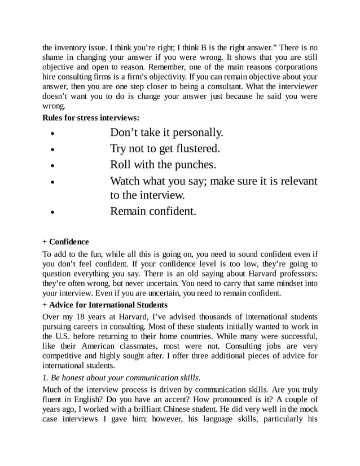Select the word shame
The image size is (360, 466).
55,58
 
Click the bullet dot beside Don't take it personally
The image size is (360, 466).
52,135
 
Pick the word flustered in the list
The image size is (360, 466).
191,149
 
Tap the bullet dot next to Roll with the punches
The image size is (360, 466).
52,167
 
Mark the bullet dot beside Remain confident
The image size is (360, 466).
52,214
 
